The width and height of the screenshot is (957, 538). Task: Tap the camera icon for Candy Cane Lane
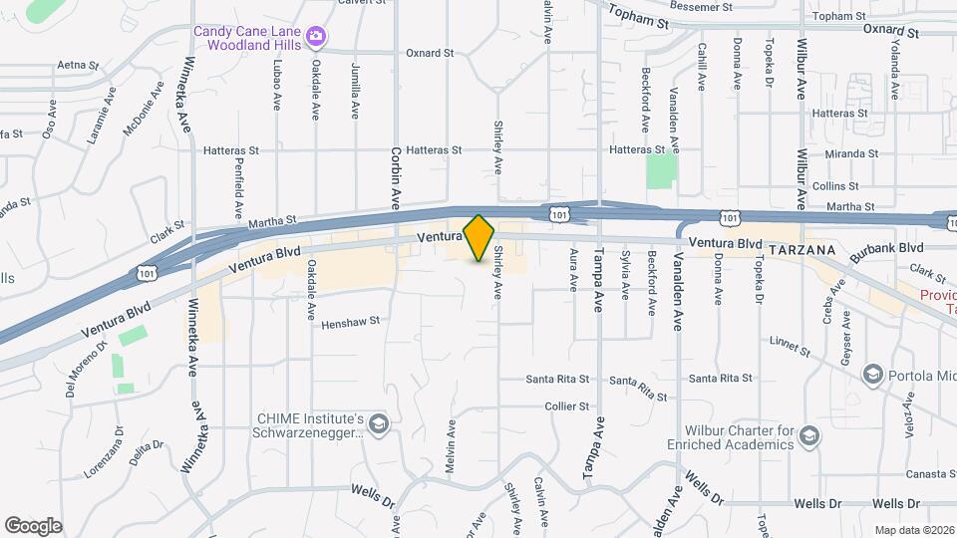pos(316,38)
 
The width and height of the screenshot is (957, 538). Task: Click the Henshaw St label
pos(350,322)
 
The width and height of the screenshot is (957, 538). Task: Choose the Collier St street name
pos(567,406)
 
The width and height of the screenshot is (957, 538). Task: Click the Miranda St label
pos(843,153)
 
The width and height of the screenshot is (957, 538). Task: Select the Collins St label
pos(834,186)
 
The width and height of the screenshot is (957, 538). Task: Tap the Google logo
pos(33,525)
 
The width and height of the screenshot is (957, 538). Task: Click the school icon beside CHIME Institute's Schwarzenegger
pos(378,425)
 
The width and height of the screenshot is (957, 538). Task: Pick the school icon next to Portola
pos(873,374)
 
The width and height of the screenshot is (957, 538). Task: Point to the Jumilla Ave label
pos(356,92)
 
